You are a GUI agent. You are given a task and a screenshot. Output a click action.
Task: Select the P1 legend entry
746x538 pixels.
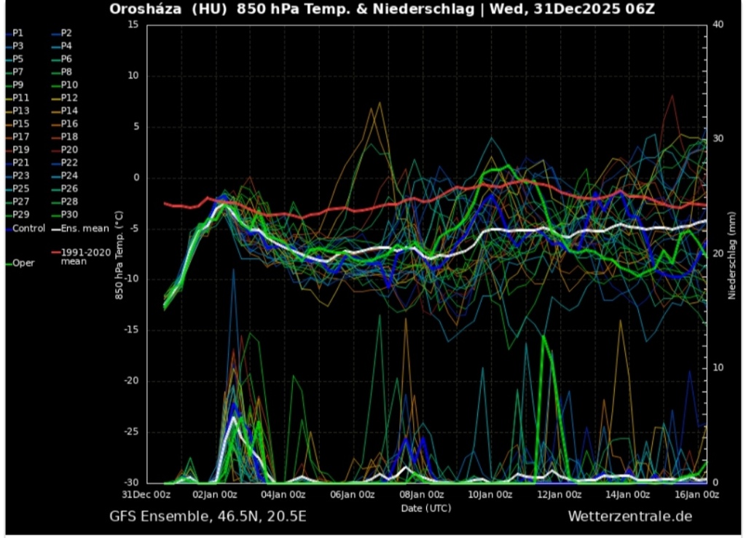pos(17,33)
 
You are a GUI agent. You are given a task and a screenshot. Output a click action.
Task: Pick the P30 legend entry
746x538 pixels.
pos(69,214)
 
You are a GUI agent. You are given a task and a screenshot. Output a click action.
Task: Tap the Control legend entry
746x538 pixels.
pos(28,228)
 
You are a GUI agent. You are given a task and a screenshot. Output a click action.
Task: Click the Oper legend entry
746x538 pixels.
pos(23,263)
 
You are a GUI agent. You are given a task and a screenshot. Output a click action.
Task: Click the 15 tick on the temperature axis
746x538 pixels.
pos(133,25)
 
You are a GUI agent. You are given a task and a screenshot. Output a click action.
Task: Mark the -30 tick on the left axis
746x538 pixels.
pos(130,483)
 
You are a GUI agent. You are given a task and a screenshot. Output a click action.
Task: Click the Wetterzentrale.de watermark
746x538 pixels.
pos(630,516)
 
